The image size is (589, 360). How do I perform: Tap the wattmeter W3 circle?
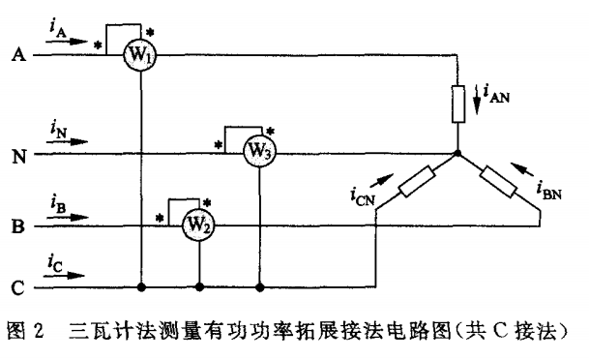(x=259, y=153)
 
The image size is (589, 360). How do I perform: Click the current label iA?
(x=55, y=32)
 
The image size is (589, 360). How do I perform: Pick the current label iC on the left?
(x=55, y=263)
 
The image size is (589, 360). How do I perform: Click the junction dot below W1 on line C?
(x=142, y=287)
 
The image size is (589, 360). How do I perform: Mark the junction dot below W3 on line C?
(x=259, y=287)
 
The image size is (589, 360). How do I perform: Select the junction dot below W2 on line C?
(x=198, y=287)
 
